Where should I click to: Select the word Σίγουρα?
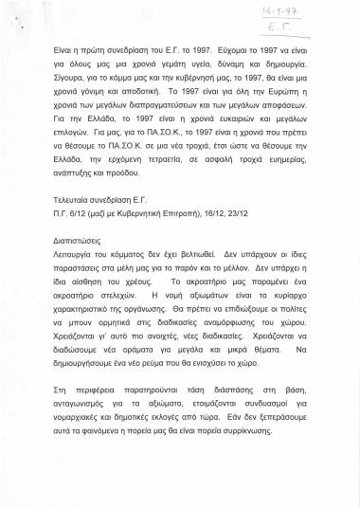70,85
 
